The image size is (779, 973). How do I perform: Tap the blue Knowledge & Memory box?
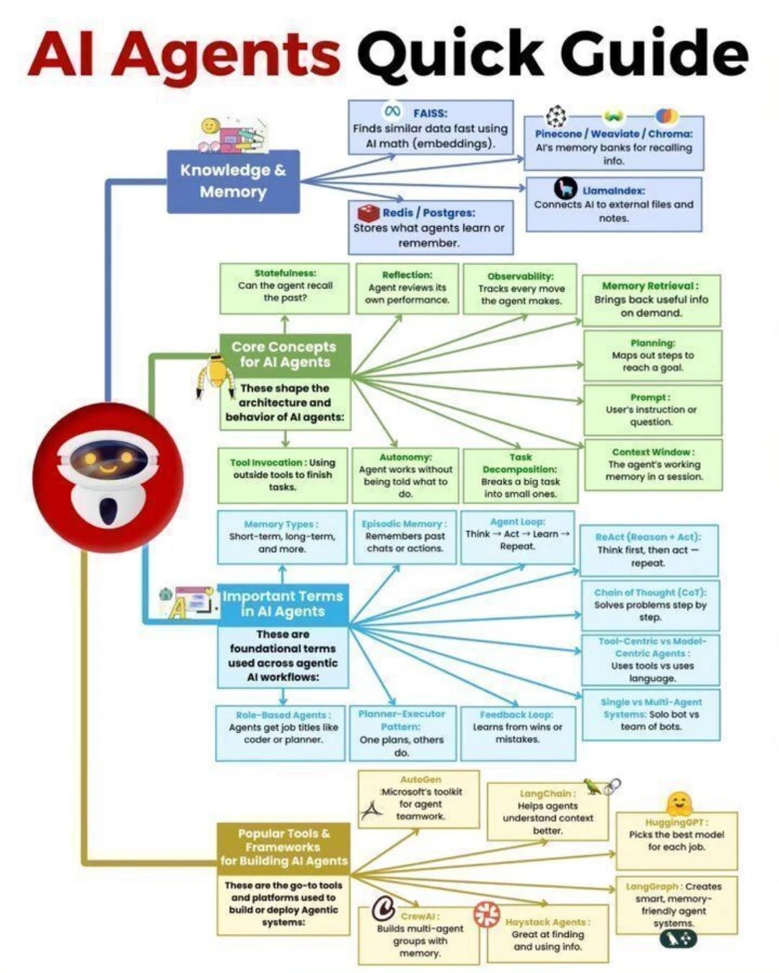pos(233,181)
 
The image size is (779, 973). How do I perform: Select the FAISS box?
pos(431,128)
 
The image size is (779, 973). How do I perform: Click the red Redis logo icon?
pos(369,213)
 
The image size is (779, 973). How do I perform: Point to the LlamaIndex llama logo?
pos(565,189)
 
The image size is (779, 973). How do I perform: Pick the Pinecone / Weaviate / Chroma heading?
pos(613,134)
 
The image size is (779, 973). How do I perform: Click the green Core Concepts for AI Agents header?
pos(285,355)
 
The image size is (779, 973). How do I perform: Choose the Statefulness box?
pos(285,288)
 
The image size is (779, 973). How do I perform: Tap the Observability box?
pos(520,289)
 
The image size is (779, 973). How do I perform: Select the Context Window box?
pos(653,465)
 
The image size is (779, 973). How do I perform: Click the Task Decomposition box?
pos(520,476)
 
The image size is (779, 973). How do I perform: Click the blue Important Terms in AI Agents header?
pos(283,604)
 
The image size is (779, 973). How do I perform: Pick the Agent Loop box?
pos(517,536)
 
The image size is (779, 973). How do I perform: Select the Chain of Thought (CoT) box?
pos(650,605)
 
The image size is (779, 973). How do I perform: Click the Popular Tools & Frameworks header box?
pos(283,847)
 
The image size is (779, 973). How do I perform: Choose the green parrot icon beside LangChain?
pos(593,787)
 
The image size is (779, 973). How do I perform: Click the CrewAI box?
pos(419,935)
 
